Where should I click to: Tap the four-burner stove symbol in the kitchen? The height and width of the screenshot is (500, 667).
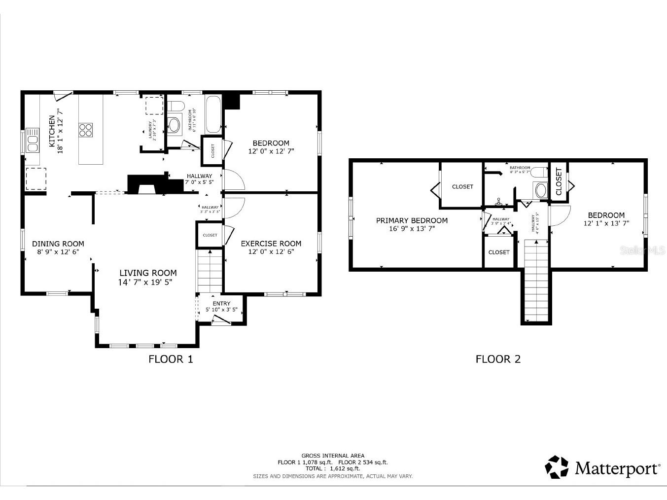click(85, 130)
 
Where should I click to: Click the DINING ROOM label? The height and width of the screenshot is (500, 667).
click(58, 244)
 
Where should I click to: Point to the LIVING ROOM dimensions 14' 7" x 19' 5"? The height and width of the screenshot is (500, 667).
click(145, 283)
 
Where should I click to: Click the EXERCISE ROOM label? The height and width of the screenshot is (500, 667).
click(271, 244)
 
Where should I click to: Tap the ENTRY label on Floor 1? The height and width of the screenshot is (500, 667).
click(221, 303)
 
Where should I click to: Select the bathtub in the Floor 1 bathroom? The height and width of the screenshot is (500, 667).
click(213, 114)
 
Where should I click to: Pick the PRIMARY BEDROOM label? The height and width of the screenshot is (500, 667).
click(412, 220)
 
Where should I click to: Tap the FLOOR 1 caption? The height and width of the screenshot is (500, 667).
click(171, 359)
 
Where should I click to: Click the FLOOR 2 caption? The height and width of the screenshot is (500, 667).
click(498, 359)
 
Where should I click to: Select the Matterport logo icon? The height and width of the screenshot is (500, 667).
click(557, 467)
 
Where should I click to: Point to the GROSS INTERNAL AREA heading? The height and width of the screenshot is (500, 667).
click(333, 456)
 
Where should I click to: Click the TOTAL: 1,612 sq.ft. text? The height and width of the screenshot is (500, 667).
click(333, 469)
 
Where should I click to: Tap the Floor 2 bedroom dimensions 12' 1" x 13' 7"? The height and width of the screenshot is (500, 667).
click(606, 223)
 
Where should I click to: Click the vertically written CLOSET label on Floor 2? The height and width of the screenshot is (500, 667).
click(559, 181)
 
